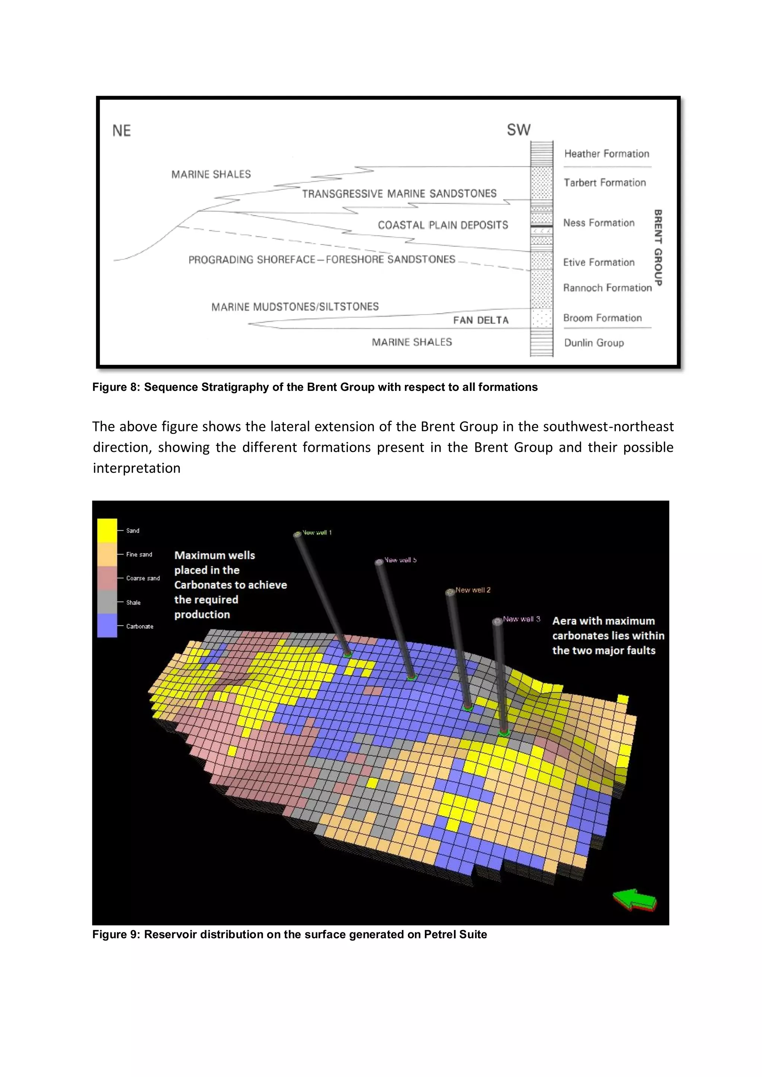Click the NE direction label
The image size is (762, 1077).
122,131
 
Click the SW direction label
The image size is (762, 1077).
518,130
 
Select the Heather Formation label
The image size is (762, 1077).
606,154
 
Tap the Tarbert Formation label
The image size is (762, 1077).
604,183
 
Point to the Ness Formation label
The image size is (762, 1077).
599,223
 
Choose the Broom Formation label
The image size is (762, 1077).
602,318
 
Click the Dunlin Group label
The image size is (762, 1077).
593,343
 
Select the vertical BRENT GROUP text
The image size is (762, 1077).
658,248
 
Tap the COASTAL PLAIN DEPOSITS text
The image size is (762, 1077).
442,225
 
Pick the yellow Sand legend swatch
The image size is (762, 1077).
107,531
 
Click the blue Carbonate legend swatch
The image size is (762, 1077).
107,626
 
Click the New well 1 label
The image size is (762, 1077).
317,533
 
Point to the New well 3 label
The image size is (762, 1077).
521,619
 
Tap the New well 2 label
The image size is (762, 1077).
473,590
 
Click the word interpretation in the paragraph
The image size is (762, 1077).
137,468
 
